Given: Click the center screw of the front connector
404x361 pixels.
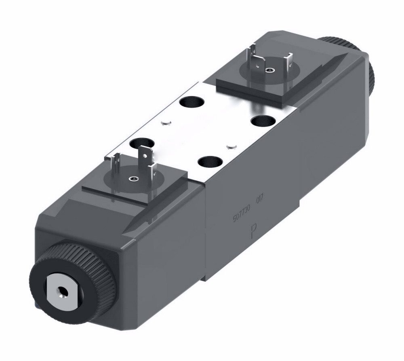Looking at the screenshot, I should pyautogui.click(x=132, y=179).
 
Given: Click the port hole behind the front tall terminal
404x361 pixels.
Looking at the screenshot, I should pyautogui.click(x=141, y=142).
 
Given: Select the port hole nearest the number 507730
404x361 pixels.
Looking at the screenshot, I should pyautogui.click(x=209, y=163).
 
